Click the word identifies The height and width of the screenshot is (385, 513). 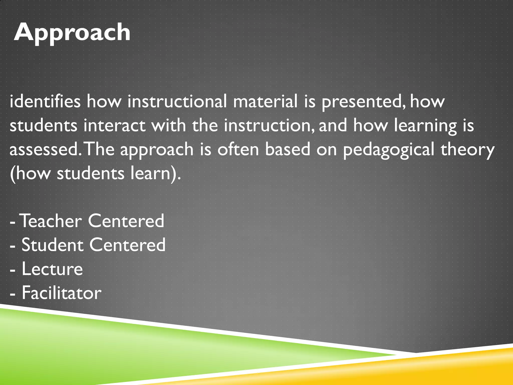pos(45,102)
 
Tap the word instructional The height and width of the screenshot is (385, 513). pos(177,102)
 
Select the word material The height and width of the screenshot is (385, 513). pos(265,102)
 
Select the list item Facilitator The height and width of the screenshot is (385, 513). pos(62,293)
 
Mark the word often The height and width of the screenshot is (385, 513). pos(238,149)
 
